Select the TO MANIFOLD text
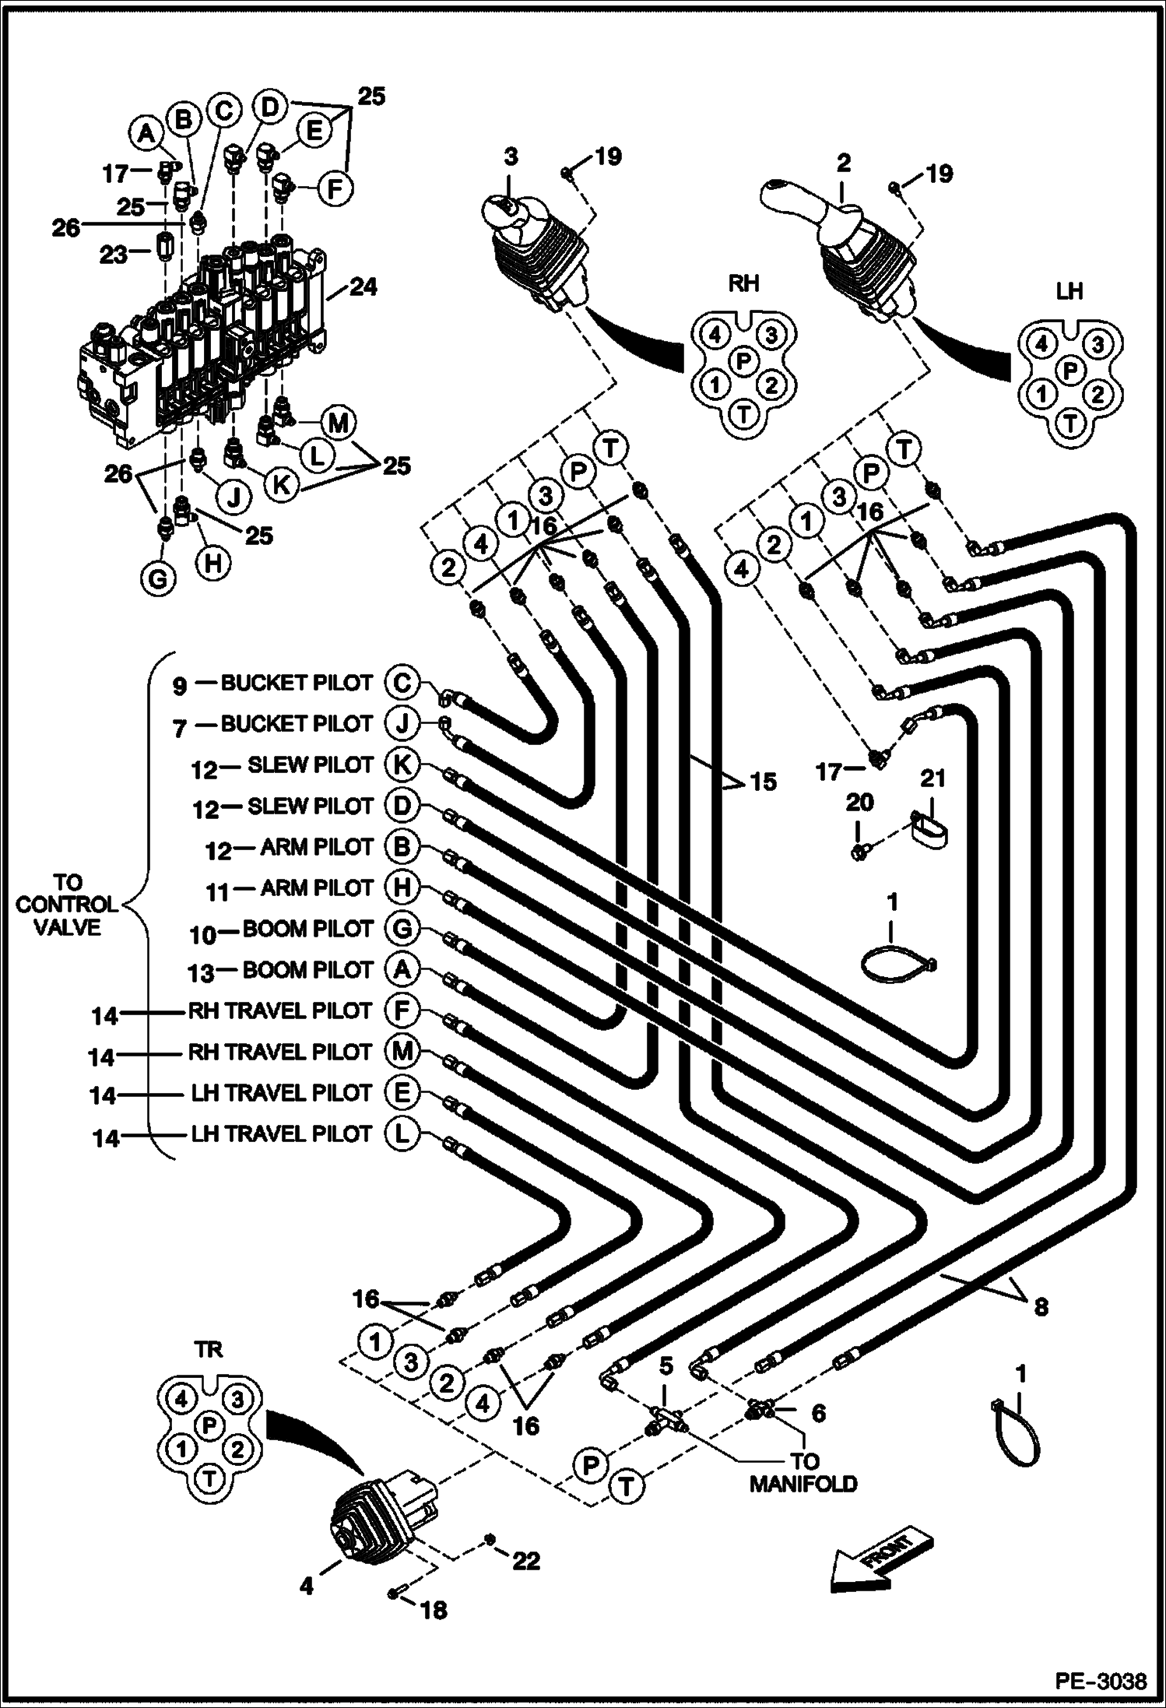[x=803, y=1472]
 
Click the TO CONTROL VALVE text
[x=67, y=905]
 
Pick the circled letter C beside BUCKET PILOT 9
[x=402, y=683]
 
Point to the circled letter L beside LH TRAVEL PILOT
[x=402, y=1134]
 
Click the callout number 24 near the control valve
[x=363, y=287]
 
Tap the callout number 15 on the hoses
[x=764, y=781]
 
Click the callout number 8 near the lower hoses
[x=1041, y=1306]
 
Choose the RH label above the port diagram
[x=743, y=283]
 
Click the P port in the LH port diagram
[x=1070, y=370]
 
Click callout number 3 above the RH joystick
[x=510, y=156]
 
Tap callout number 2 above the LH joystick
[x=844, y=163]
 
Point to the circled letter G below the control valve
[x=159, y=578]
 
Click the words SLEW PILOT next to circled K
[x=311, y=765]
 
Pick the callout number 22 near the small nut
[x=526, y=1560]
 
